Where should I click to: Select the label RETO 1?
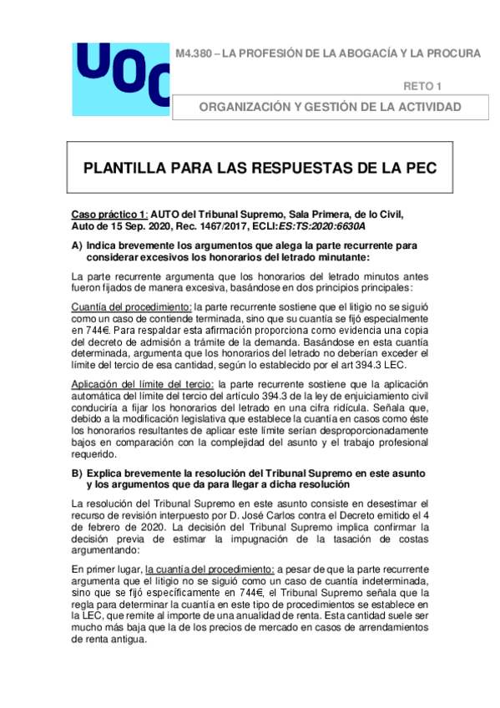[423, 86]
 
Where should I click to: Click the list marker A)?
[78, 245]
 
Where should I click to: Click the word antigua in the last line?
[129, 640]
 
